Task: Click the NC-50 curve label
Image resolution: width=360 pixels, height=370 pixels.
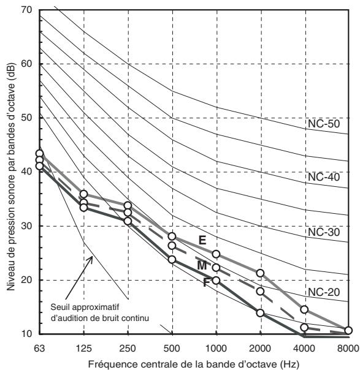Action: coord(324,124)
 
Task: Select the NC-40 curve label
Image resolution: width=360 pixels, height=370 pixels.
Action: coord(324,177)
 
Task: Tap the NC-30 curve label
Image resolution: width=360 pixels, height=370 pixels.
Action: coord(324,232)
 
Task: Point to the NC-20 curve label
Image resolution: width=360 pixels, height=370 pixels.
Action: coord(324,292)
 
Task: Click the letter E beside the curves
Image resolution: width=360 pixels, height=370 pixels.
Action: coord(202,241)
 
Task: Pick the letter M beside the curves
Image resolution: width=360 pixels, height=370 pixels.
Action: coord(202,266)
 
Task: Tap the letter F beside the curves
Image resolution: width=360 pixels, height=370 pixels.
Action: coord(206,282)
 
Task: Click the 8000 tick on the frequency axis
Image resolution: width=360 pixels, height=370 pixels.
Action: coord(349,349)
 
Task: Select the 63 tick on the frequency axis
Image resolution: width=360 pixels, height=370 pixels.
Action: coord(39,349)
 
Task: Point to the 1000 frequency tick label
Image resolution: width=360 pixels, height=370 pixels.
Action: coord(216,349)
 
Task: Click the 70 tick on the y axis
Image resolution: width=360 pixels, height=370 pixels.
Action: coord(26,10)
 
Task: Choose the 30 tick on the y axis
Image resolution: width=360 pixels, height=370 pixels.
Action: coord(26,226)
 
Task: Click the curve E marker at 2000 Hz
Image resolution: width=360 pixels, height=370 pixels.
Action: coord(260,273)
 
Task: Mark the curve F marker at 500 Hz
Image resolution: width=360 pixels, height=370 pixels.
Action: coord(172,260)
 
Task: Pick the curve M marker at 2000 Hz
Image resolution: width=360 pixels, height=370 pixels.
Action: coord(260,292)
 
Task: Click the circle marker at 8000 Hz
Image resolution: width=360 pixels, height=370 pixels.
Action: coord(348,331)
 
